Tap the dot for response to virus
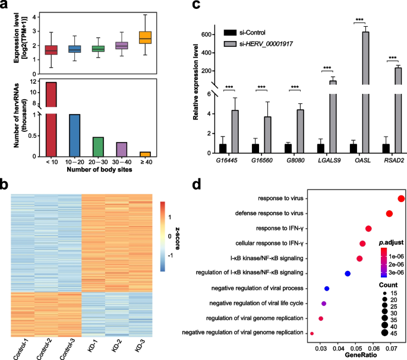tap(401, 200)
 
